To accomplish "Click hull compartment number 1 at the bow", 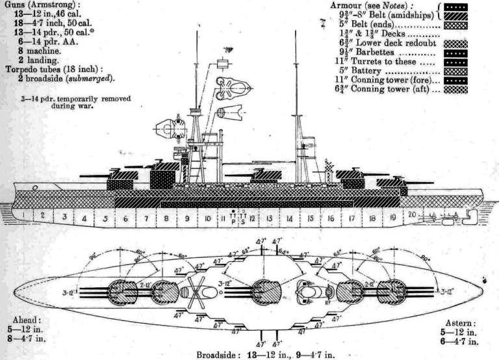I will (x=23, y=214).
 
